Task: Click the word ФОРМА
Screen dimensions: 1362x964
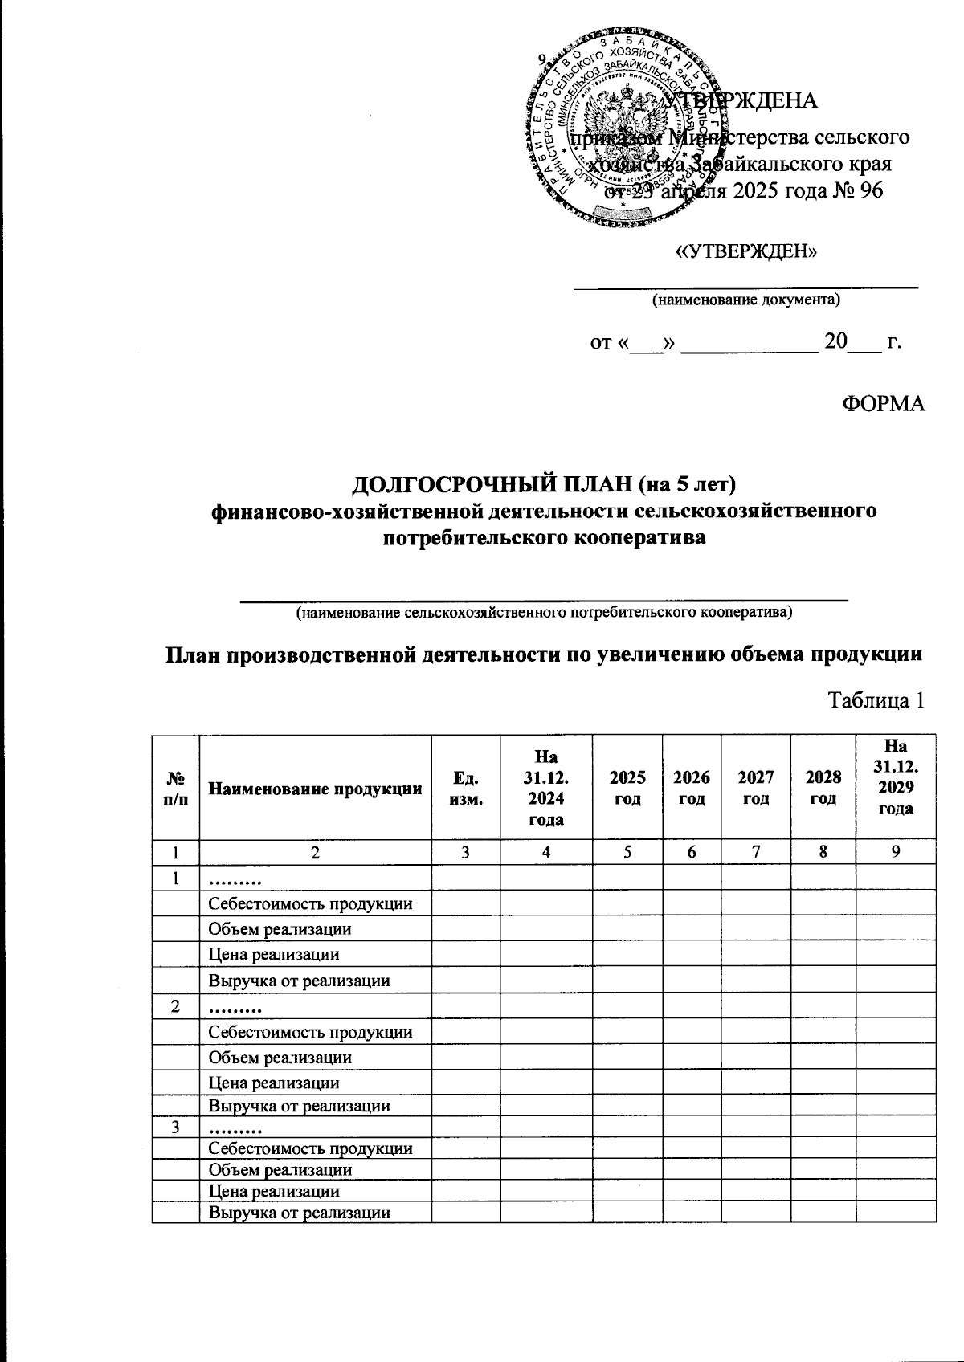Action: coord(882,404)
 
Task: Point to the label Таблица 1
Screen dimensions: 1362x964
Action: coord(876,700)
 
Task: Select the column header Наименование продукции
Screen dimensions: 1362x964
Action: coord(315,789)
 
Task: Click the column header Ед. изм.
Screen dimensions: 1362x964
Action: coord(465,789)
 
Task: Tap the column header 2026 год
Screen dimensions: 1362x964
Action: coord(691,789)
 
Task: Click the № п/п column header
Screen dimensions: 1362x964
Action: coord(175,789)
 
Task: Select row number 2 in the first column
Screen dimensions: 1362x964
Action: coord(175,1005)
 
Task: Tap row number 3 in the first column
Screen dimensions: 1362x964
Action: coord(175,1127)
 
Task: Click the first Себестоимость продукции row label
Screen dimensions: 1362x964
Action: coord(310,903)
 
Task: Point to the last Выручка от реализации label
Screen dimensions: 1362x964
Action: coord(299,1213)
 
